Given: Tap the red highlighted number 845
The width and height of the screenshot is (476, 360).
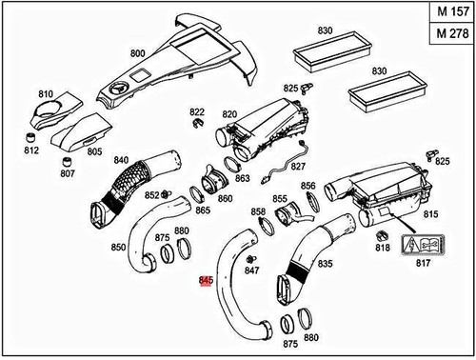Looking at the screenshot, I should (206, 281).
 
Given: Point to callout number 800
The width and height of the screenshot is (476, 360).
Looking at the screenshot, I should (137, 53).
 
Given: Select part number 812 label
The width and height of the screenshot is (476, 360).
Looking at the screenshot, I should (31, 150).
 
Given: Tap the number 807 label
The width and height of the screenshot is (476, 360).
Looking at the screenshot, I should (68, 173).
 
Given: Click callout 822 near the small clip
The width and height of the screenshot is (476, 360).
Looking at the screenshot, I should (196, 111).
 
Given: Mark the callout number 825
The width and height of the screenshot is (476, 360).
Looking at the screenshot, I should (291, 88).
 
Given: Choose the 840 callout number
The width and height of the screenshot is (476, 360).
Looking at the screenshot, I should (121, 159).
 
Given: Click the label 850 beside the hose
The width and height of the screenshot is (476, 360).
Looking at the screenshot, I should (118, 247).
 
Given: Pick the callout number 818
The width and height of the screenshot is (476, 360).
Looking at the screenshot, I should (382, 248).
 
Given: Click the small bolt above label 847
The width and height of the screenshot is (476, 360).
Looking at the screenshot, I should (250, 259).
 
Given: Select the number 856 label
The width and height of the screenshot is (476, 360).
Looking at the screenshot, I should (307, 186).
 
